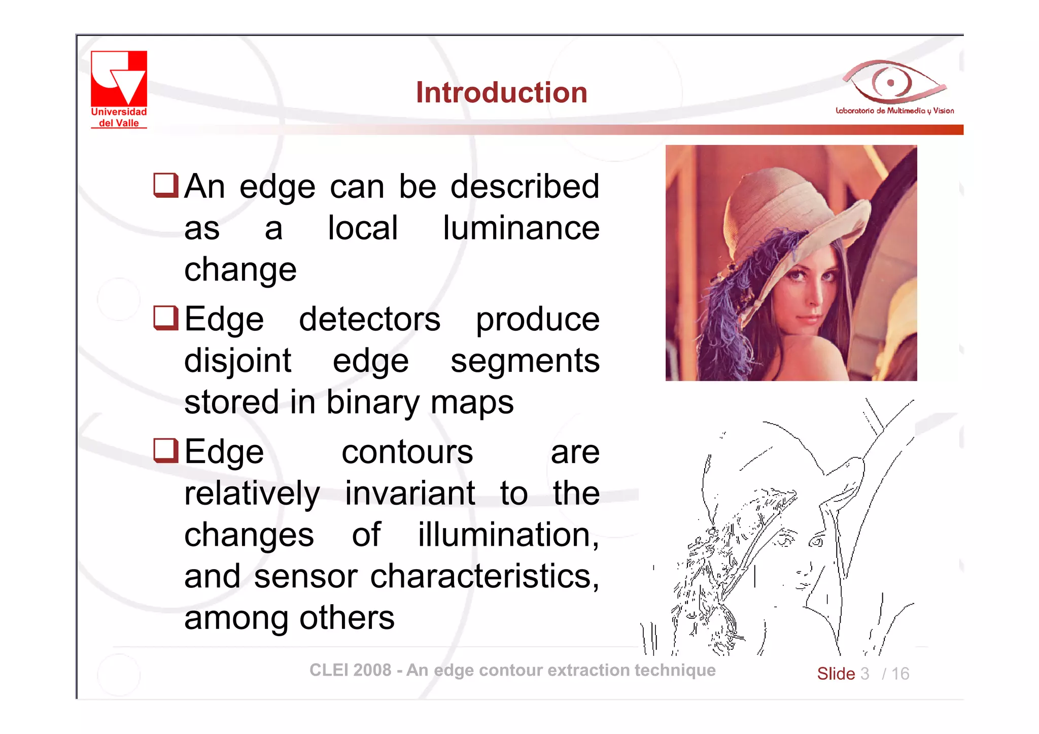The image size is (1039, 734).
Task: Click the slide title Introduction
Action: click(501, 92)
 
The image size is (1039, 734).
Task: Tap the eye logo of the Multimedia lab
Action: click(893, 81)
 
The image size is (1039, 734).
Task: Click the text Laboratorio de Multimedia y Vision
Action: click(894, 111)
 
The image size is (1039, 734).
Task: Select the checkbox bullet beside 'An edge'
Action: click(165, 185)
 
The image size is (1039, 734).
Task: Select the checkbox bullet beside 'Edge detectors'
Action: click(165, 318)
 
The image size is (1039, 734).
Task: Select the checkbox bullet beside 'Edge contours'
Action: click(165, 451)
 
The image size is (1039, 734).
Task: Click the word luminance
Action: click(521, 228)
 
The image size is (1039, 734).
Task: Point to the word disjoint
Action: click(237, 361)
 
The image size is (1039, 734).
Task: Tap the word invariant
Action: click(410, 493)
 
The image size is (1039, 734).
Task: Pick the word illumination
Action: click(507, 535)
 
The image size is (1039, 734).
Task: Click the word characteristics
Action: click(484, 577)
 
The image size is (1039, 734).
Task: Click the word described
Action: click(525, 186)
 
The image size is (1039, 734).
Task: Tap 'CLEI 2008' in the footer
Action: click(350, 670)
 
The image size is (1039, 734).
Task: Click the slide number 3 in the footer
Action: click(864, 674)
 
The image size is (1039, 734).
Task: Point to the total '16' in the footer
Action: click(900, 674)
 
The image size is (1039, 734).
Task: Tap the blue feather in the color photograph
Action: click(731, 294)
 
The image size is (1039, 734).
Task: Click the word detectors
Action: click(369, 320)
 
